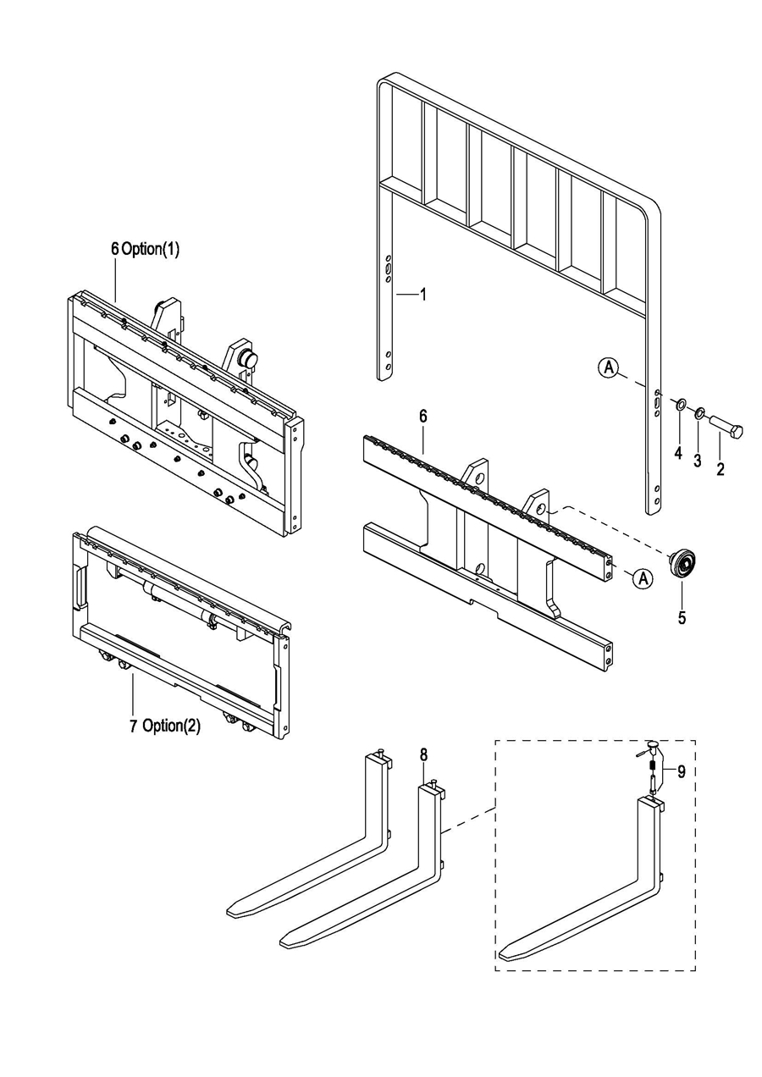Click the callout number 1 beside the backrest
coord(423,295)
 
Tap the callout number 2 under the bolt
coord(721,468)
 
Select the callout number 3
coord(698,460)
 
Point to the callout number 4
coord(678,452)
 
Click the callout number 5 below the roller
coord(682,618)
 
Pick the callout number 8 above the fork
coord(423,754)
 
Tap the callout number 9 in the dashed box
coord(682,771)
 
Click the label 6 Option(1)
coord(145,249)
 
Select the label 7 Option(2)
coord(165,726)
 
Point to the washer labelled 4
coord(681,404)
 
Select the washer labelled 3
coord(700,412)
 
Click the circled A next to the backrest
coord(609,367)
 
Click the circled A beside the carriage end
coord(642,577)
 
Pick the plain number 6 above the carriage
coord(423,417)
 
